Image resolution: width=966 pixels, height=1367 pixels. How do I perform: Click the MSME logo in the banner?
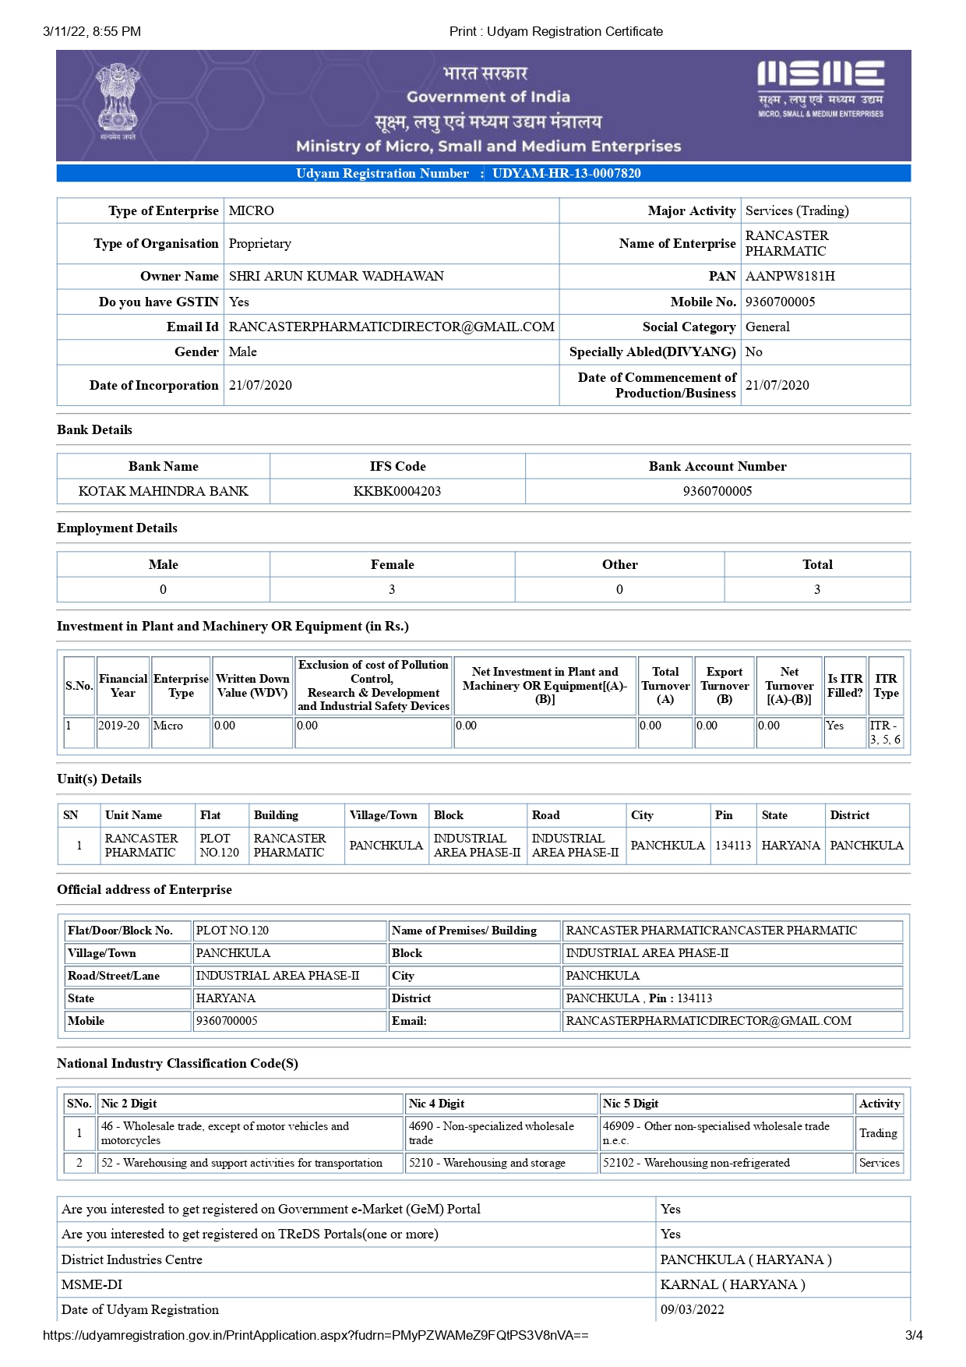point(820,88)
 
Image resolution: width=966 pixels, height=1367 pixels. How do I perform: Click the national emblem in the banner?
point(118,101)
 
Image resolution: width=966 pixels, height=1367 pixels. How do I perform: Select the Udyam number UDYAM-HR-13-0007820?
point(566,173)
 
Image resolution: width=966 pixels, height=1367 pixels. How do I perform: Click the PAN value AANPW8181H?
point(790,276)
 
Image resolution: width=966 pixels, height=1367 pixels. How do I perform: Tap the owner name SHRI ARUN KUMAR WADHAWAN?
point(336,276)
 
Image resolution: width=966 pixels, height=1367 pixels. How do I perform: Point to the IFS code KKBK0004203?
point(397,491)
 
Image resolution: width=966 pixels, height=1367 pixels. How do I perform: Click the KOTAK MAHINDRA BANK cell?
point(164,491)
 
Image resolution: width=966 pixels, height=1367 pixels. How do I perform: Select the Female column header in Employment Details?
point(392,564)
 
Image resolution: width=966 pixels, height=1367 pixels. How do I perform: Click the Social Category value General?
point(767,327)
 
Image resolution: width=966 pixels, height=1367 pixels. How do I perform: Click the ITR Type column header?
point(886,686)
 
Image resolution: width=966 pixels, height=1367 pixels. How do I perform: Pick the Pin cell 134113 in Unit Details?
point(733,845)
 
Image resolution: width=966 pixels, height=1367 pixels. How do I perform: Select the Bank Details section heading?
point(94,429)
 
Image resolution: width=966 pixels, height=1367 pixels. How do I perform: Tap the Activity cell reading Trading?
point(878,1133)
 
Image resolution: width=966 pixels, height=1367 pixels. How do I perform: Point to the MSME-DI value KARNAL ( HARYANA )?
point(732,1284)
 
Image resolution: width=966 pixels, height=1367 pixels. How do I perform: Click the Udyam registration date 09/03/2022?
point(692,1309)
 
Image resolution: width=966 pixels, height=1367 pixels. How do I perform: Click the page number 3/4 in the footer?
point(913,1335)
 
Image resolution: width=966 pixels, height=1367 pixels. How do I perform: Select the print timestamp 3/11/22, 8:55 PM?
point(92,31)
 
